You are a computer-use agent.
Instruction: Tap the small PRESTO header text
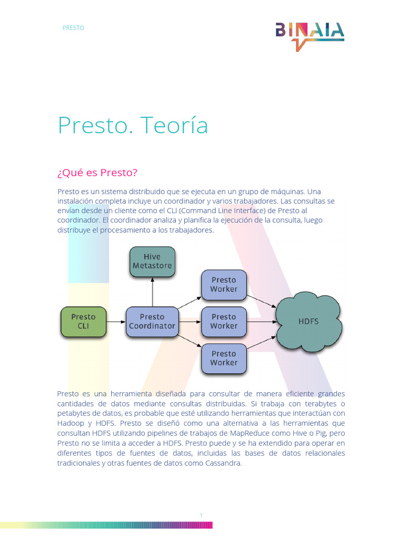[73, 28]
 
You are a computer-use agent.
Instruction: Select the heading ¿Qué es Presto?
[100, 173]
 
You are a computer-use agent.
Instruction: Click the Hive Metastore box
[152, 261]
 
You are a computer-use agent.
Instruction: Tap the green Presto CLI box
[83, 321]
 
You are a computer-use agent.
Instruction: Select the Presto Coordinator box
[152, 321]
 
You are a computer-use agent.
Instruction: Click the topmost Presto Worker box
[224, 284]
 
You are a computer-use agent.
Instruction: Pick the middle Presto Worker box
[224, 321]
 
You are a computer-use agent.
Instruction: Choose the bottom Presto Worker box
[224, 358]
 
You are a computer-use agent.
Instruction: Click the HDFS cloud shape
[309, 321]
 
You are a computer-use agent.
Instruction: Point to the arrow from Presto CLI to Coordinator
[116, 321]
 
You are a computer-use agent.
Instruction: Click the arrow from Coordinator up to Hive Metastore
[152, 292]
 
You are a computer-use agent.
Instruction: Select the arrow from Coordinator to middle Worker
[189, 321]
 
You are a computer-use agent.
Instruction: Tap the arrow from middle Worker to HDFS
[261, 321]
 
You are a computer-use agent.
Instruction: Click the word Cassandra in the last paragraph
[224, 463]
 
